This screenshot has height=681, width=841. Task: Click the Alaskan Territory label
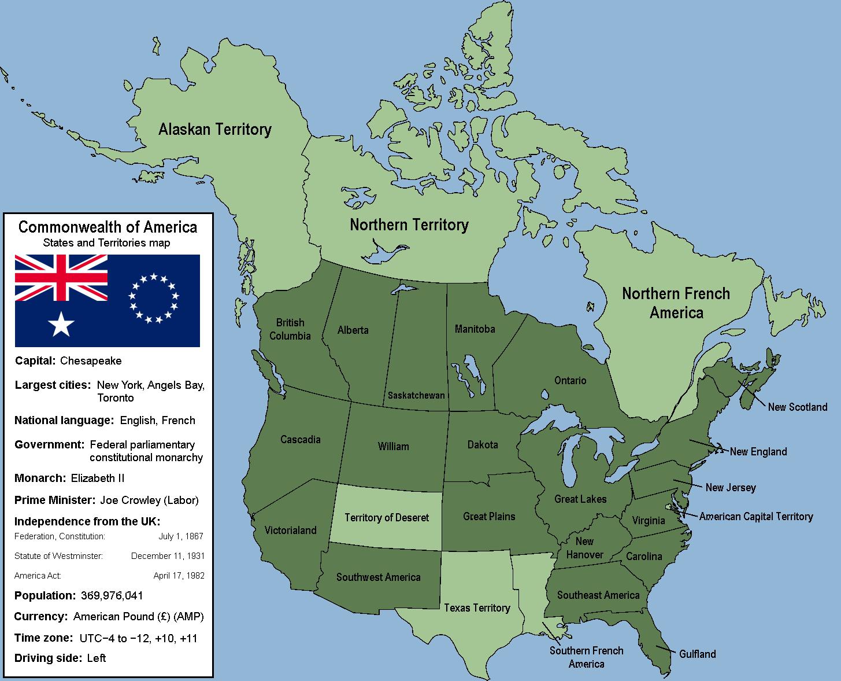click(x=215, y=129)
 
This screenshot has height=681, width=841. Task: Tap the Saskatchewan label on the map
click(x=416, y=395)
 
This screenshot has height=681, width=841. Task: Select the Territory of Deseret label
click(x=387, y=517)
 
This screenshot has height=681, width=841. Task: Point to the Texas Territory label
click(x=477, y=608)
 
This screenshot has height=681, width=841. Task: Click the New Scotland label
click(x=797, y=407)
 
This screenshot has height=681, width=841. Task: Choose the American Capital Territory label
click(x=756, y=517)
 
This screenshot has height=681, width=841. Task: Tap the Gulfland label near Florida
click(x=697, y=654)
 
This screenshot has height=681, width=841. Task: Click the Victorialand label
click(x=291, y=530)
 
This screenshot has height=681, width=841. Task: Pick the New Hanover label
click(x=584, y=548)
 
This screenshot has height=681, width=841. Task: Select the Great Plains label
click(x=489, y=516)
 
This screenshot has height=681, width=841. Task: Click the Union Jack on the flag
click(x=61, y=278)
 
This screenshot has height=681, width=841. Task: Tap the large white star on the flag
click(x=61, y=325)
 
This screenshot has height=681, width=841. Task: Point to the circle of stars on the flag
click(x=154, y=298)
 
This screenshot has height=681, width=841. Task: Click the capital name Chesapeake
click(x=91, y=361)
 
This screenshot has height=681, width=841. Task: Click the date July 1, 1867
click(x=181, y=536)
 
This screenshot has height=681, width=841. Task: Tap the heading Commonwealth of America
click(x=108, y=227)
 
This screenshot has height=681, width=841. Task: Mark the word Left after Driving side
click(x=97, y=658)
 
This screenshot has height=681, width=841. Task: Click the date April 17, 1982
click(x=179, y=576)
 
